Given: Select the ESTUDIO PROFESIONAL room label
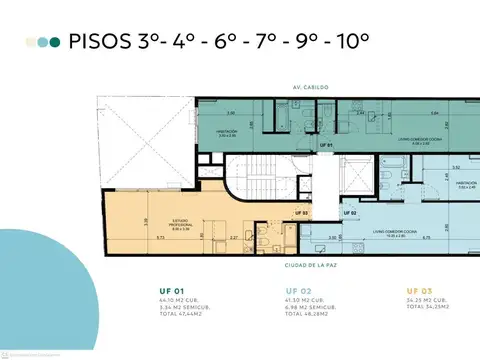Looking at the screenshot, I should [x=180, y=225].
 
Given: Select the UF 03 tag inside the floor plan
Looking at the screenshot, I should [x=300, y=213].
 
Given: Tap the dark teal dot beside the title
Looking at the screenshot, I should [x=55, y=42].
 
